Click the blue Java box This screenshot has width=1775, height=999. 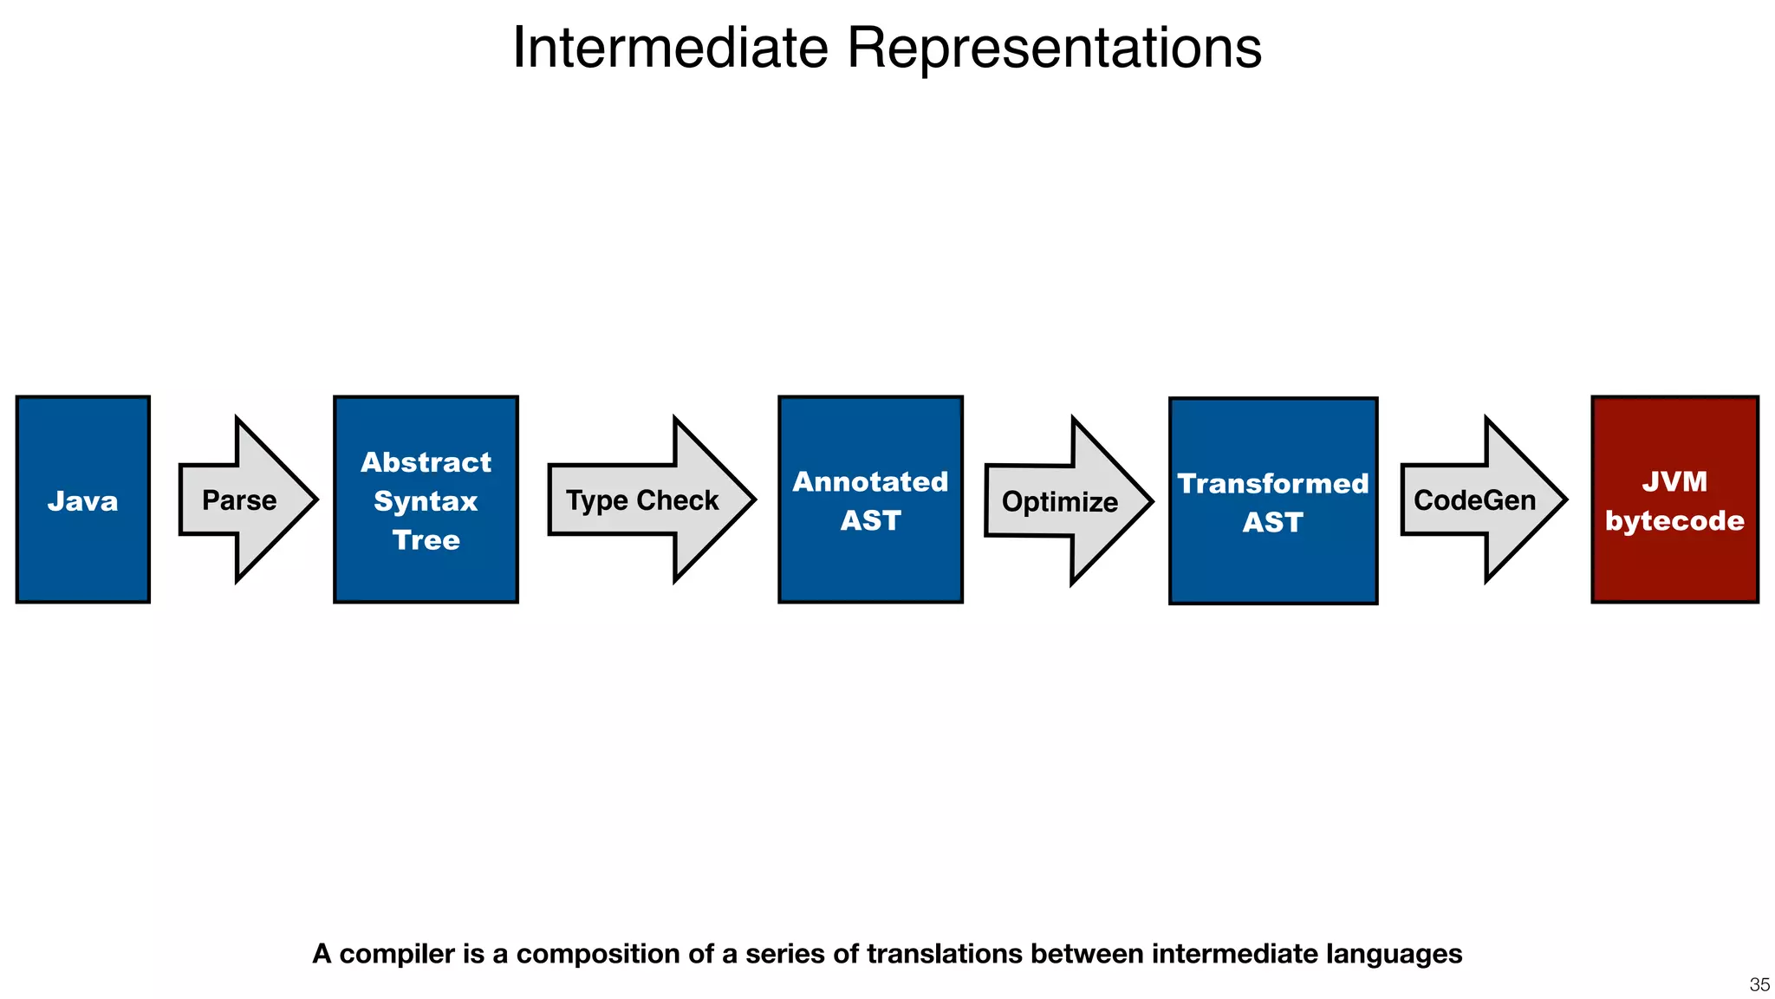click(82, 499)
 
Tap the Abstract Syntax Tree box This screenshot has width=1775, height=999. click(426, 499)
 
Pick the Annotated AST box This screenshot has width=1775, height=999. click(870, 499)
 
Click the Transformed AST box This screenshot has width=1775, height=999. click(1272, 501)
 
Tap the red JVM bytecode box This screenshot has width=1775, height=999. click(1674, 499)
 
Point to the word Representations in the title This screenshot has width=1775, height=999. click(1054, 48)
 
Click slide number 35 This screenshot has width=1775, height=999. click(1759, 984)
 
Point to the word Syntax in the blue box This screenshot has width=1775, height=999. click(426, 501)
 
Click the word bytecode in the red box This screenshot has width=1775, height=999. click(1674, 520)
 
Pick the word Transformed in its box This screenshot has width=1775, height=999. click(1272, 483)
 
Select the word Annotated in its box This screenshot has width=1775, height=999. click(870, 481)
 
